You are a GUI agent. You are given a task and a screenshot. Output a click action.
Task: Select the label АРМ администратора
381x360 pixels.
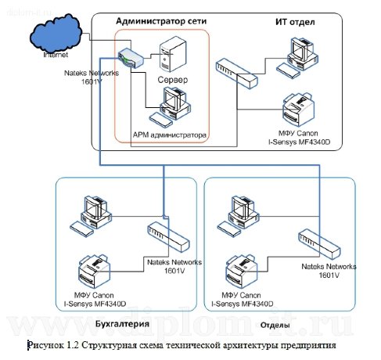tap(170, 135)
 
